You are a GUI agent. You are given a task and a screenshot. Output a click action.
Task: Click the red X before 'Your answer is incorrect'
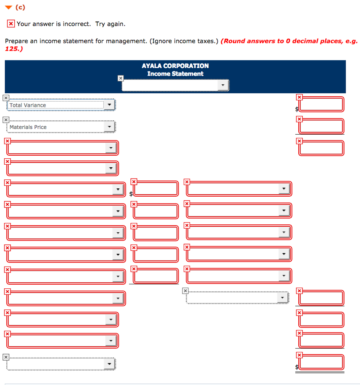tap(11, 24)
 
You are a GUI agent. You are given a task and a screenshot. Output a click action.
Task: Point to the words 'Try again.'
tap(110, 24)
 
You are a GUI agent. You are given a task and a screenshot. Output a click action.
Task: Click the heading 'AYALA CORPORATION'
tap(175, 66)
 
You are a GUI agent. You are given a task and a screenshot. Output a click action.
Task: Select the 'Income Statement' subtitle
tap(175, 74)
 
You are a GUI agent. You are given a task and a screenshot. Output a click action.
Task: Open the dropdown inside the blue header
tap(175, 85)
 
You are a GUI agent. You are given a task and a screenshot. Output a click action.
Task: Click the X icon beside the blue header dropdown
tap(120, 78)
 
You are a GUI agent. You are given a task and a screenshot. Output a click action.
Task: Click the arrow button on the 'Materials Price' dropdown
tap(109, 127)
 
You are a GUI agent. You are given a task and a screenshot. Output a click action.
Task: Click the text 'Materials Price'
tap(28, 127)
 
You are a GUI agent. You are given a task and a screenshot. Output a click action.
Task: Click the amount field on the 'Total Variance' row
tap(322, 105)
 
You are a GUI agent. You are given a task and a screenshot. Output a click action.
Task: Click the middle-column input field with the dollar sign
tap(156, 189)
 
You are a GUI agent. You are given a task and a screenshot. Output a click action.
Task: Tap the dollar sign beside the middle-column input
tap(131, 194)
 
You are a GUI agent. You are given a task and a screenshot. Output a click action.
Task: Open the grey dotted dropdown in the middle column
tap(237, 298)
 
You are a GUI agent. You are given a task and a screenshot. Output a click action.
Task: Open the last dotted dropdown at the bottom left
tap(61, 364)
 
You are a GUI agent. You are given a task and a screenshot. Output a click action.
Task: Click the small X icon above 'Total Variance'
tap(5, 98)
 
